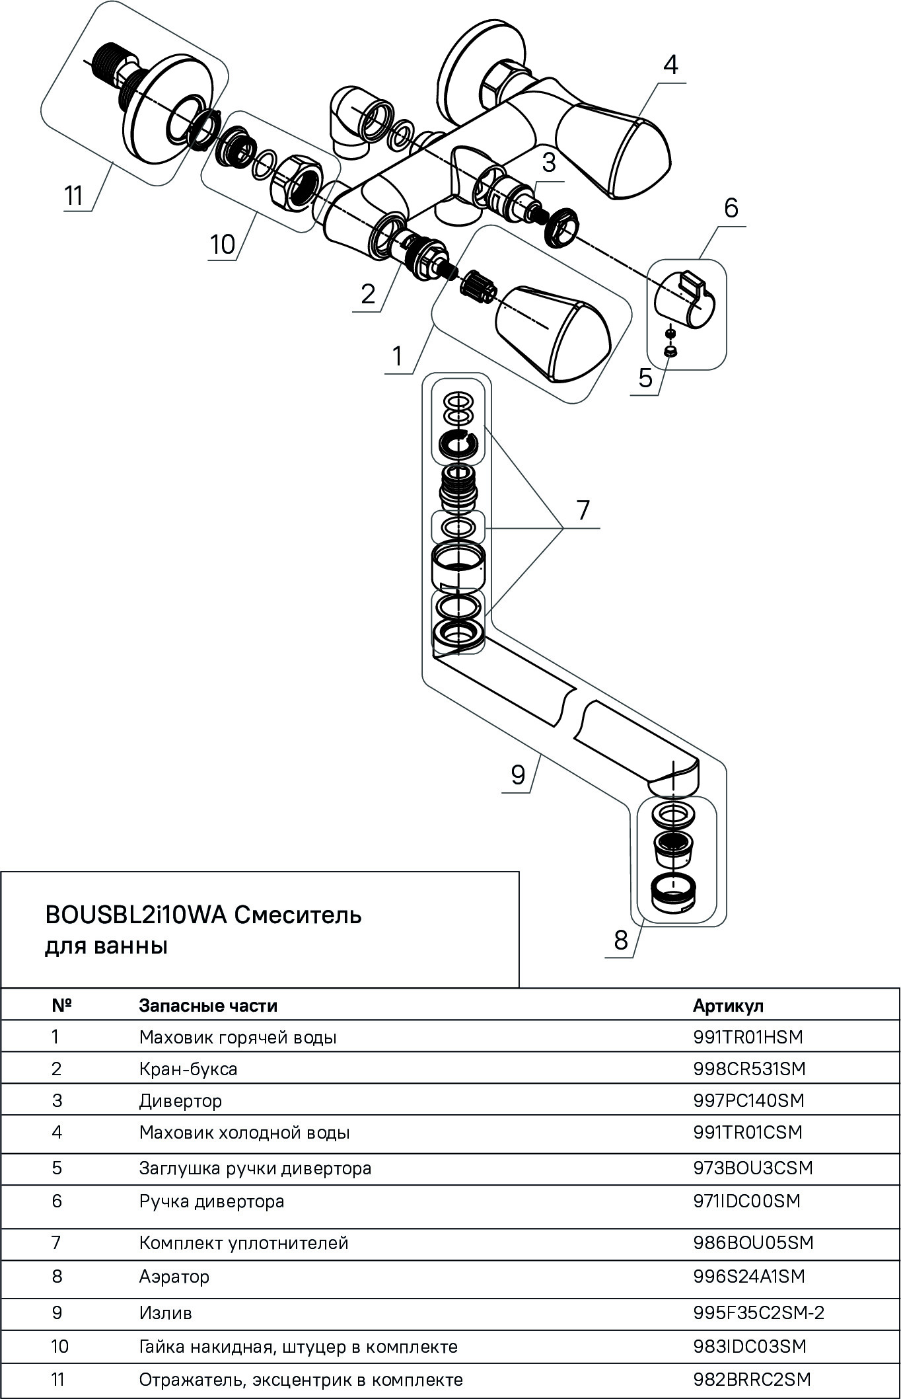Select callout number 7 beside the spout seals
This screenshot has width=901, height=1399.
(582, 511)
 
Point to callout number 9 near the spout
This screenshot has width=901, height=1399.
(518, 774)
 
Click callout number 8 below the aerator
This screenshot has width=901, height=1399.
(620, 939)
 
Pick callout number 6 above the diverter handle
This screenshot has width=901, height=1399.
(731, 208)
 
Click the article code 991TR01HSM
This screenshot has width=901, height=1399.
(748, 1037)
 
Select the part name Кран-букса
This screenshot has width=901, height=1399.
(188, 1069)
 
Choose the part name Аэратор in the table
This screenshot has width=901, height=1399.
(174, 1276)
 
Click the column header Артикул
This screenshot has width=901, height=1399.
(728, 1005)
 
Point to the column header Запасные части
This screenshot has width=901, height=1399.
(208, 1005)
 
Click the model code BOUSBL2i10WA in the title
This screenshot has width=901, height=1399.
(135, 915)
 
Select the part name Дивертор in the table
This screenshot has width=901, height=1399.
(180, 1101)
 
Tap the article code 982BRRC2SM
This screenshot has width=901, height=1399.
(752, 1379)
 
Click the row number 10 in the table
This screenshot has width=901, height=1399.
(59, 1346)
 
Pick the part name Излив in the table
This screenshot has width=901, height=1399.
(165, 1312)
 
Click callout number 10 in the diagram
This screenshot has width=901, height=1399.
(223, 245)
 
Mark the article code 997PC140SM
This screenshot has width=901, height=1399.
(749, 1101)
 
